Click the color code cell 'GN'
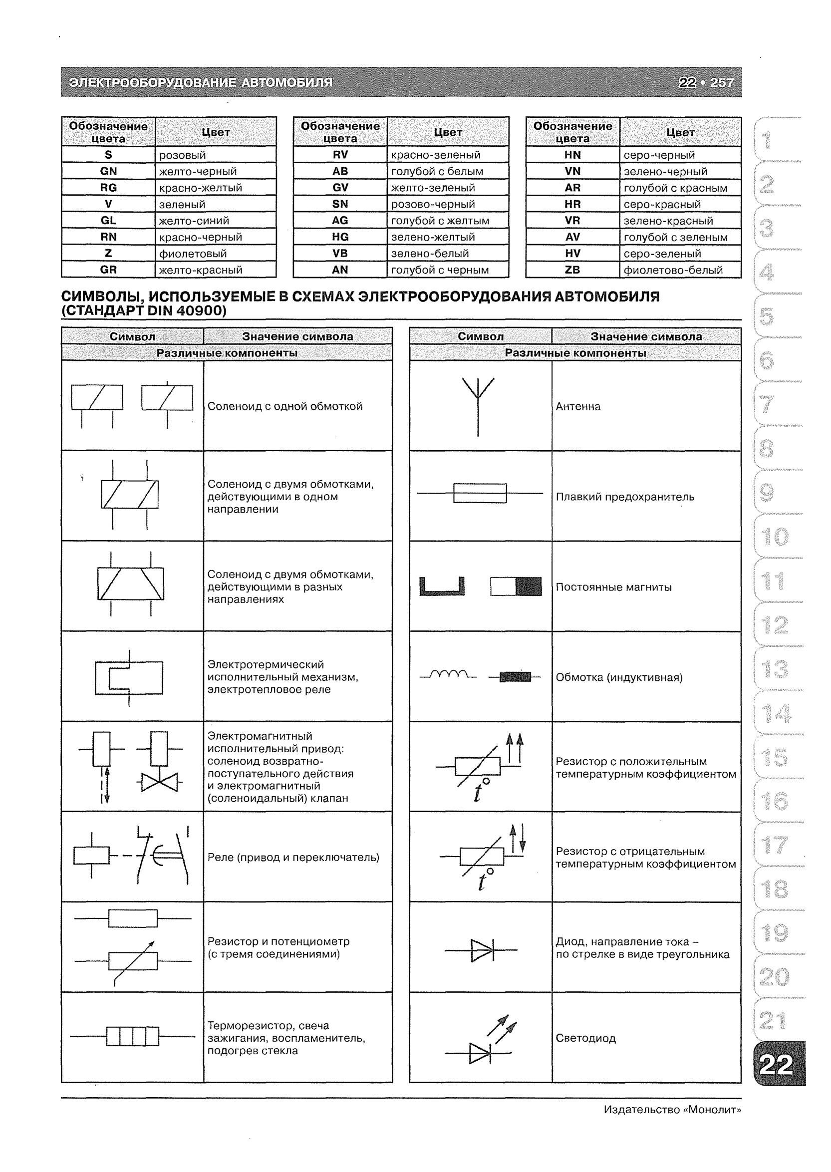point(108,171)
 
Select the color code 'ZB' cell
point(572,270)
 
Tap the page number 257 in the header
point(722,82)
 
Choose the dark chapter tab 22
point(777,1065)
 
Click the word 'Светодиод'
point(585,1038)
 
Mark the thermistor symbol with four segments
point(133,1037)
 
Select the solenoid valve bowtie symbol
point(159,783)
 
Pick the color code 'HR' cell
point(572,204)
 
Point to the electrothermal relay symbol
point(129,678)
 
